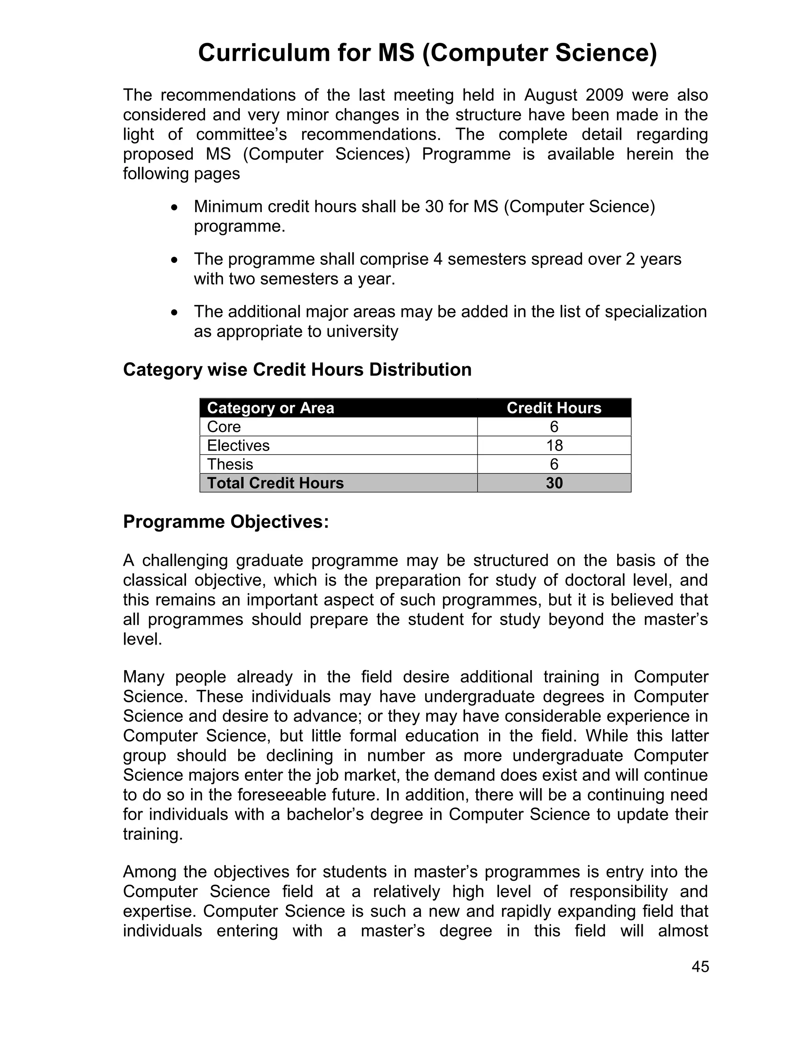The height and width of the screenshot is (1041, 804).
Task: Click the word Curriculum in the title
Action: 263,53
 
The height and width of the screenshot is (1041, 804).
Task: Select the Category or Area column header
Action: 270,408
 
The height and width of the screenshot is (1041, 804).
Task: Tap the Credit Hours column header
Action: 554,408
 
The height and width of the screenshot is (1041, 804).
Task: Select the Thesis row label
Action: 230,464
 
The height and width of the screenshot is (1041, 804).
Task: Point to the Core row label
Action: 224,427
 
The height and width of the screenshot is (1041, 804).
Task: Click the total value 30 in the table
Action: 554,483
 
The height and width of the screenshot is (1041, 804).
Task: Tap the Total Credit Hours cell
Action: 275,483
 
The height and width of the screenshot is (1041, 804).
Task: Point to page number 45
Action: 700,966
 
